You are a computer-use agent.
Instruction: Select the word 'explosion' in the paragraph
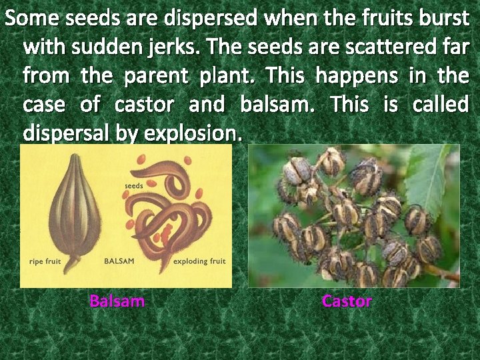pos(199,133)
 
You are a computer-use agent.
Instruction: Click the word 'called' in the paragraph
pos(440,105)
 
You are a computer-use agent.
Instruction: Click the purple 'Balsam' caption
pos(117,301)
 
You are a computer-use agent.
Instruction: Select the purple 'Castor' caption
pos(347,301)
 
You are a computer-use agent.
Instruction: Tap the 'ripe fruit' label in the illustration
pos(45,261)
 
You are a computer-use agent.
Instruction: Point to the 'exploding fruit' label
pos(199,261)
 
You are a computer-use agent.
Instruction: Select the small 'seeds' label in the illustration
pos(134,185)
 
